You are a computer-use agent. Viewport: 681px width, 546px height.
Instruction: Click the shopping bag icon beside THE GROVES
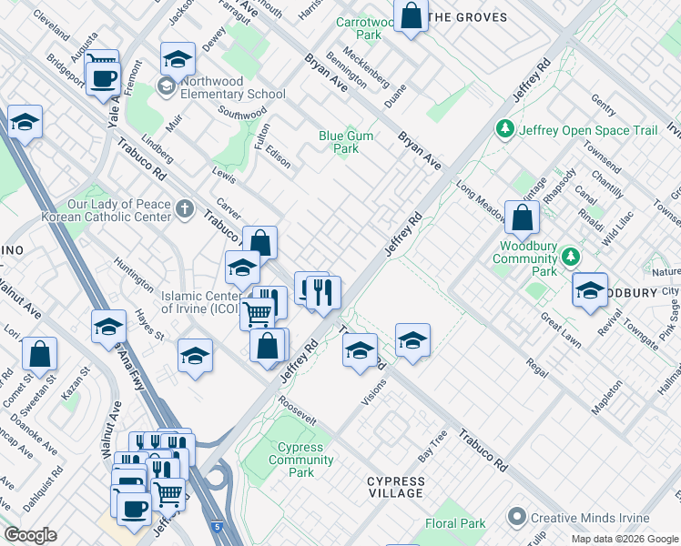point(412,16)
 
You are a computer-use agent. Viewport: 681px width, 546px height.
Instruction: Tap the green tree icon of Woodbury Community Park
point(571,258)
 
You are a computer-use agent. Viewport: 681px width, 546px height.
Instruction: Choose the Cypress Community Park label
point(300,460)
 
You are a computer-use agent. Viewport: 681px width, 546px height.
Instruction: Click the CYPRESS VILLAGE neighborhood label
point(395,487)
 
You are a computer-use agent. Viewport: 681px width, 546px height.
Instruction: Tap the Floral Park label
point(455,523)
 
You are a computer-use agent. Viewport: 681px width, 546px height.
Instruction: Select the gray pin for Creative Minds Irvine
point(518,517)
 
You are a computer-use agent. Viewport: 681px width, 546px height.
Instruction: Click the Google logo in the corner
point(30,535)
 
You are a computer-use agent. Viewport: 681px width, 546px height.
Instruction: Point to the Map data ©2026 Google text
point(625,539)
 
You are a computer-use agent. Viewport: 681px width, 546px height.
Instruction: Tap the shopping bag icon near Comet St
point(39,353)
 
